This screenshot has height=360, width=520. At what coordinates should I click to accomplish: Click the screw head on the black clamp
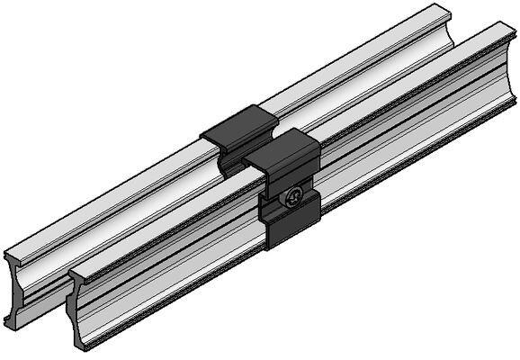293,198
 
